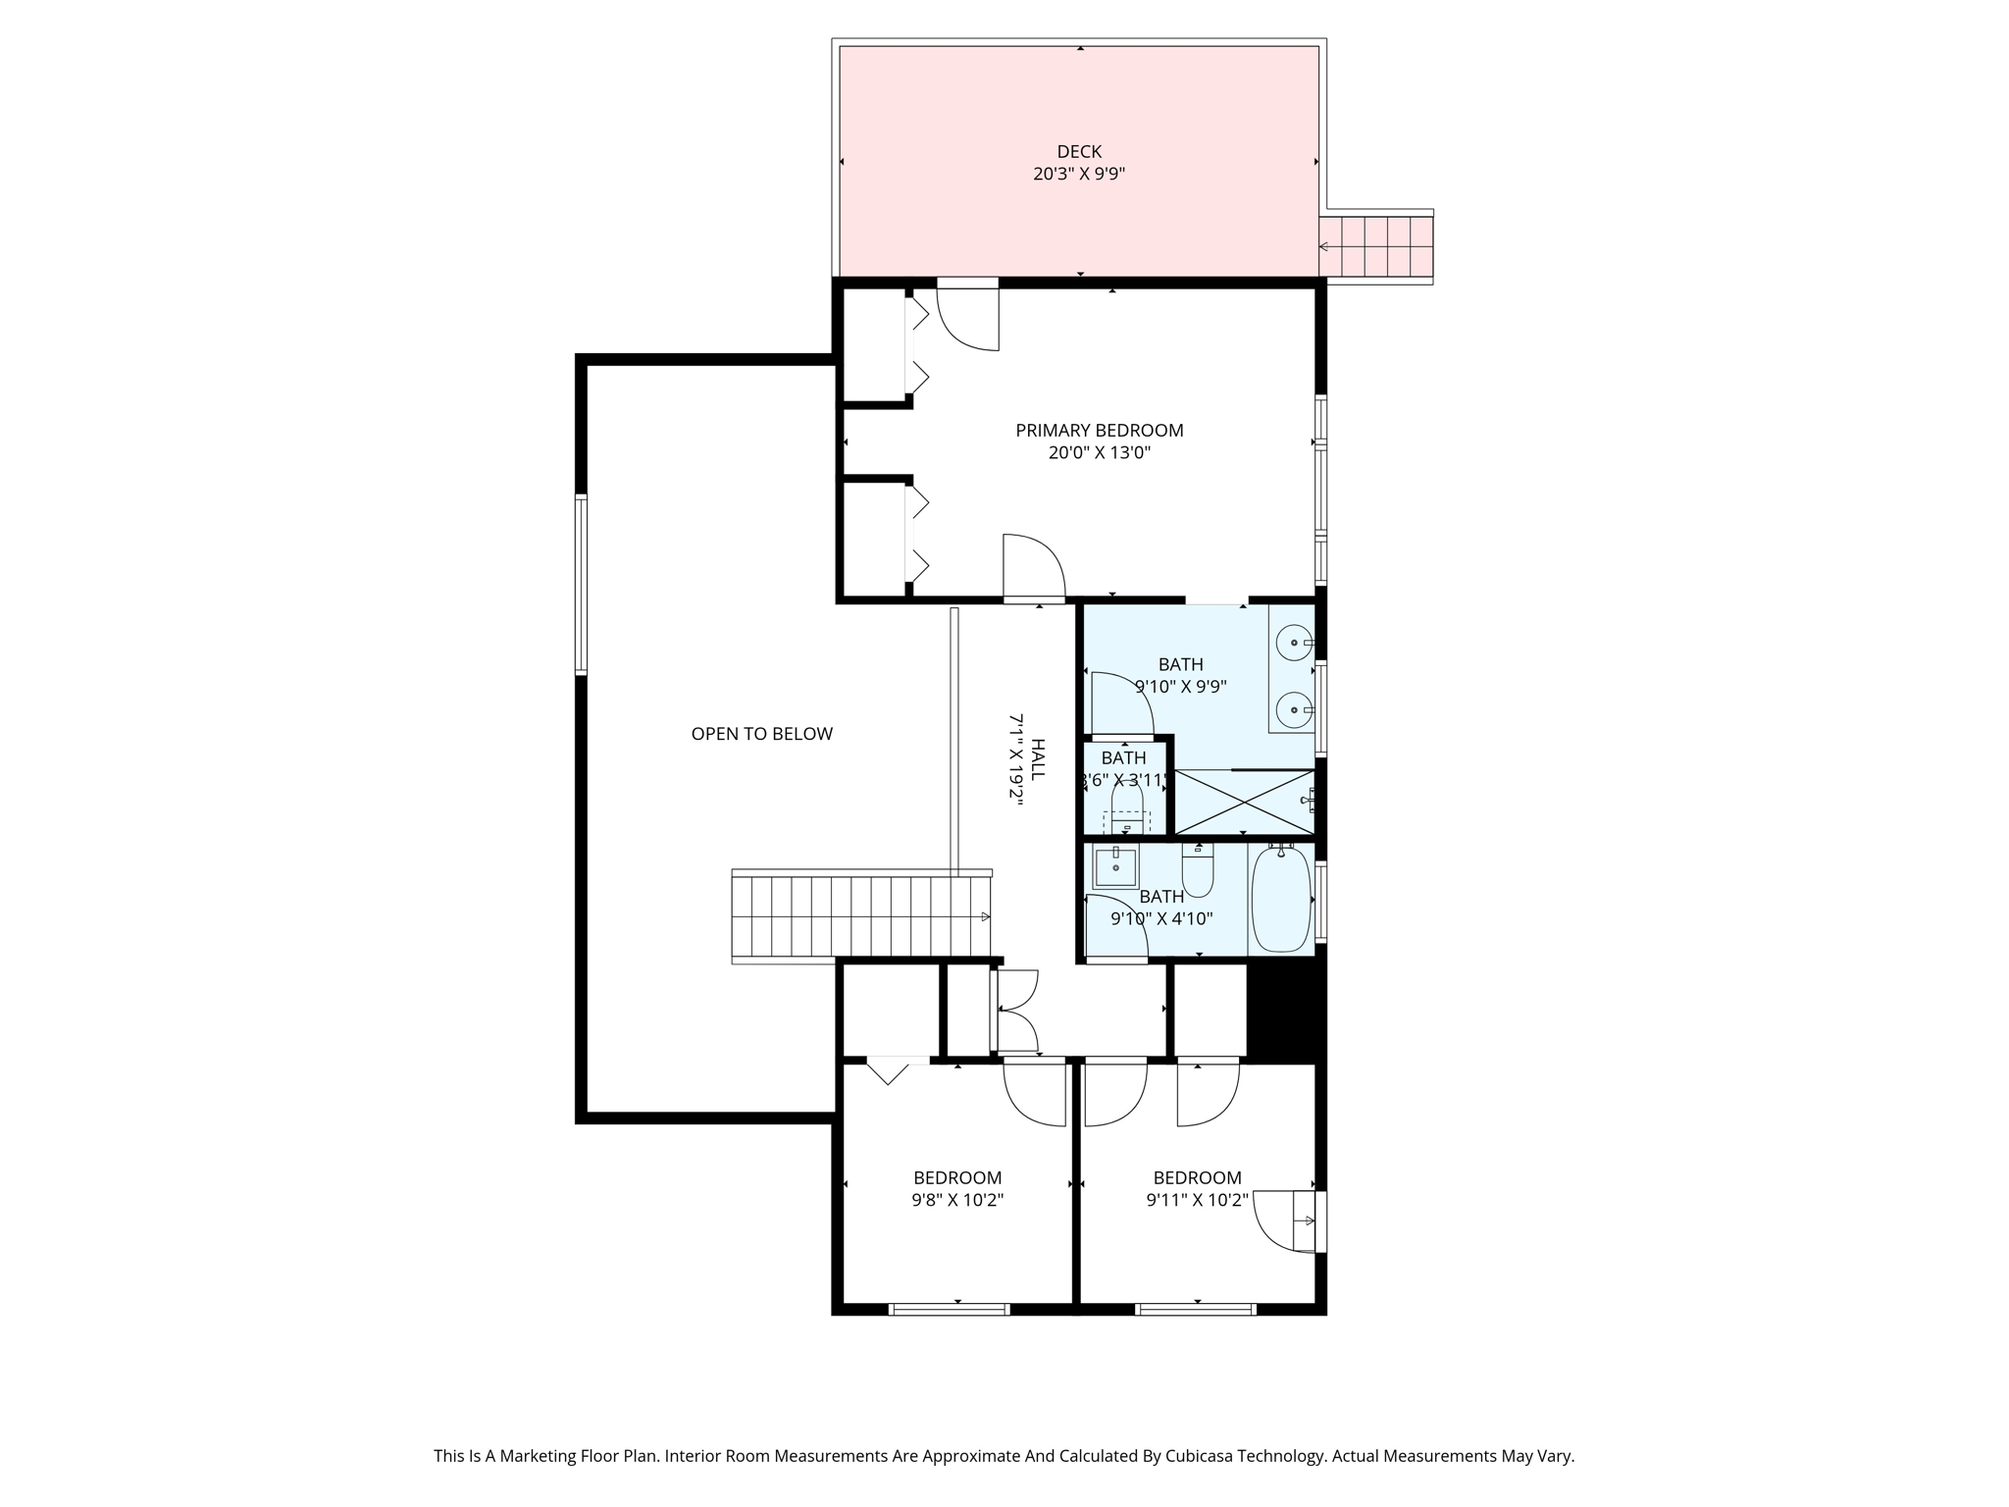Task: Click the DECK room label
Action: tap(1079, 151)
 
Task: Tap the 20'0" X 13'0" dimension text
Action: tap(1099, 453)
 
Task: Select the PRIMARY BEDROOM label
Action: tap(1099, 430)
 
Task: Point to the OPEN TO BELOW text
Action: tap(761, 734)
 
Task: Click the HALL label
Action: tap(1038, 759)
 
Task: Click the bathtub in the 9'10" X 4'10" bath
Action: tap(1281, 899)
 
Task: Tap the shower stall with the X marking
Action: tap(1244, 802)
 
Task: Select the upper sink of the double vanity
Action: tap(1294, 644)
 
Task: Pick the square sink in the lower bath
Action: tap(1115, 868)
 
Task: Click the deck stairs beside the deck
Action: tap(1377, 246)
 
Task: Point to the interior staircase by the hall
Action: tap(861, 916)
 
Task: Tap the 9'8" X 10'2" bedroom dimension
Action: tap(957, 1200)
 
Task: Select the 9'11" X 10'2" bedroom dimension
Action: tap(1197, 1200)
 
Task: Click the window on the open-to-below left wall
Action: tap(581, 585)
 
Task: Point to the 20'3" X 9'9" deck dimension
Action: tap(1079, 175)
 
